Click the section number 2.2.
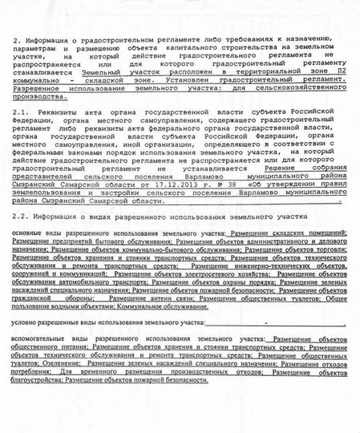pyautogui.click(x=22, y=218)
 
